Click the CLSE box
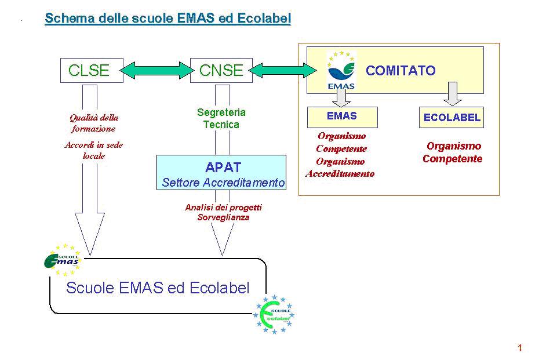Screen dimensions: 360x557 (x=89, y=70)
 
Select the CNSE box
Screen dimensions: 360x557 (x=221, y=70)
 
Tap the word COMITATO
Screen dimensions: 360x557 (x=401, y=71)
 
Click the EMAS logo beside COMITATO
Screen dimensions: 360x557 (x=341, y=70)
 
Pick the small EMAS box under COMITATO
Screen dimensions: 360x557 (x=342, y=117)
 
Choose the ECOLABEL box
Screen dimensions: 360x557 (x=452, y=118)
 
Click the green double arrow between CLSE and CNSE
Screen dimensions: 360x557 (x=155, y=71)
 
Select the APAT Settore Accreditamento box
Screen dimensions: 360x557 (x=222, y=173)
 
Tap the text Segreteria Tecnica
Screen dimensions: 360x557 (x=221, y=118)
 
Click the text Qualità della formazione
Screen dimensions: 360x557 (x=94, y=123)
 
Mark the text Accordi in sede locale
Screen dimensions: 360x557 (x=94, y=150)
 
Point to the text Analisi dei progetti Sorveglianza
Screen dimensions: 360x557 (x=223, y=212)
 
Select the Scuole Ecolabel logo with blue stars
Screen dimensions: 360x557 (x=274, y=315)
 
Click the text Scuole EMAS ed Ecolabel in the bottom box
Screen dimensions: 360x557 (x=158, y=288)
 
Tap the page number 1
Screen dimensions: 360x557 (x=520, y=348)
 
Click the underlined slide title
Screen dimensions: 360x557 (x=168, y=19)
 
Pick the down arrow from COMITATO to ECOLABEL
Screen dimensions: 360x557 (x=452, y=93)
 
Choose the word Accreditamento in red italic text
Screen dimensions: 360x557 (x=340, y=173)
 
